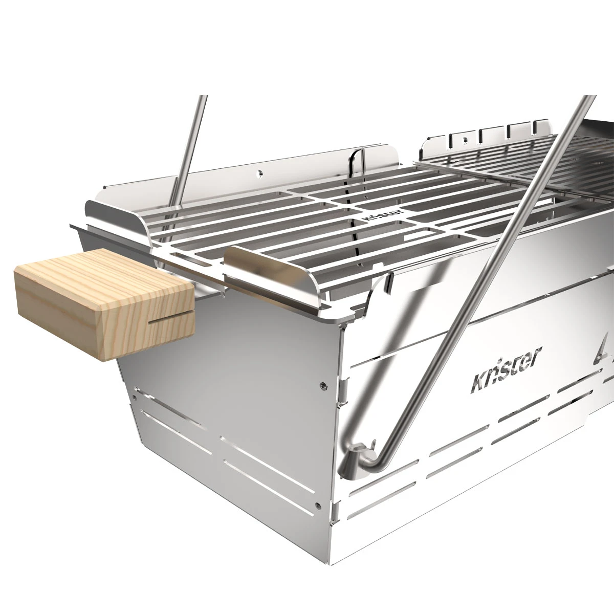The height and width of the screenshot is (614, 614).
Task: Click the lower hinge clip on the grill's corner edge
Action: point(335,512)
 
